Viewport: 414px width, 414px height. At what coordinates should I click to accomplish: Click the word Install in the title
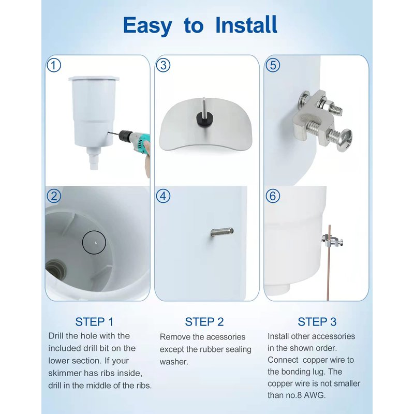(x=246, y=25)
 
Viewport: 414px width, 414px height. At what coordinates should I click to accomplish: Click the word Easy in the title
(x=147, y=26)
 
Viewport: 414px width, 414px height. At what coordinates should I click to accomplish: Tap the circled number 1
(x=54, y=65)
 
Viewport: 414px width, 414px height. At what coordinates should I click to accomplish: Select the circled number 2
(x=54, y=196)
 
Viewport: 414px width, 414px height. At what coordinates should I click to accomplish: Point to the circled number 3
(x=163, y=65)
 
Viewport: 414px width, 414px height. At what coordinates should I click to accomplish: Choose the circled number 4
(x=163, y=196)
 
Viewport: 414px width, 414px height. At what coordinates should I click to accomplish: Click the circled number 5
(x=273, y=65)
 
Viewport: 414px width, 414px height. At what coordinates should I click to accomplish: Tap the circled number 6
(x=273, y=196)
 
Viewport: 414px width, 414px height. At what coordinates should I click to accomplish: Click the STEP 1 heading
(x=94, y=322)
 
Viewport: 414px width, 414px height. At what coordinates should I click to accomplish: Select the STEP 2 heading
(x=204, y=322)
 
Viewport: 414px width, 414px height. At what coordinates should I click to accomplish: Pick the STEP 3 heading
(x=317, y=322)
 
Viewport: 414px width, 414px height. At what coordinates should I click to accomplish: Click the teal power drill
(x=135, y=141)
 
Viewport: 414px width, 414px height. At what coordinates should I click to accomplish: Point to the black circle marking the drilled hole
(x=94, y=242)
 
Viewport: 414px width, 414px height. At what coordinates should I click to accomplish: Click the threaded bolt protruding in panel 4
(x=223, y=232)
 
